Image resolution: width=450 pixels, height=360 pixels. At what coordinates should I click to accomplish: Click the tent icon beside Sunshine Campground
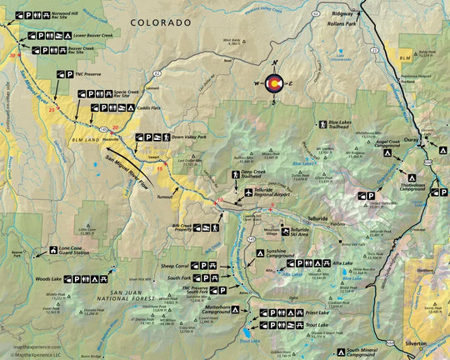[257, 250]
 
